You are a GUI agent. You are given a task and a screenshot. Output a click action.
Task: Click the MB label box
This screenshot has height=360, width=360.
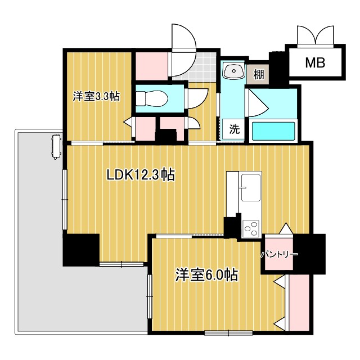(315, 62)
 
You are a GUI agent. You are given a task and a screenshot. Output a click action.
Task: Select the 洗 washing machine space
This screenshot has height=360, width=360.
(234, 128)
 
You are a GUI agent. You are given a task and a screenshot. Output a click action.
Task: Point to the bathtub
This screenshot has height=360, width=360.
(274, 130)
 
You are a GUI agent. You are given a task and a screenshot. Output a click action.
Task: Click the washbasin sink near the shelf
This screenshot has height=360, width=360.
(233, 71)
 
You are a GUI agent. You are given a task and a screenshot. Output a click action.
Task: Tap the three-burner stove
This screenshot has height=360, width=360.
(251, 228)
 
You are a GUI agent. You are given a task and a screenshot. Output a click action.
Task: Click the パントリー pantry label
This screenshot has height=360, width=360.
(279, 254)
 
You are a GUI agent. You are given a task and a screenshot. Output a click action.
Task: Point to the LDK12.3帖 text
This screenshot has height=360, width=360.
(141, 175)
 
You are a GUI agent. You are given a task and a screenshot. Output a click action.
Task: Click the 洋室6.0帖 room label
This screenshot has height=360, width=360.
(206, 275)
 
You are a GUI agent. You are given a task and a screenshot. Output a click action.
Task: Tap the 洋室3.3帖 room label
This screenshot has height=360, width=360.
(96, 96)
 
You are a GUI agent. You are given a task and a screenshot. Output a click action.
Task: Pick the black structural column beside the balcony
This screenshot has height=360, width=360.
(81, 250)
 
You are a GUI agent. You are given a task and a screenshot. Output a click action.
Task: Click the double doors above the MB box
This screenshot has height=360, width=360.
(315, 35)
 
